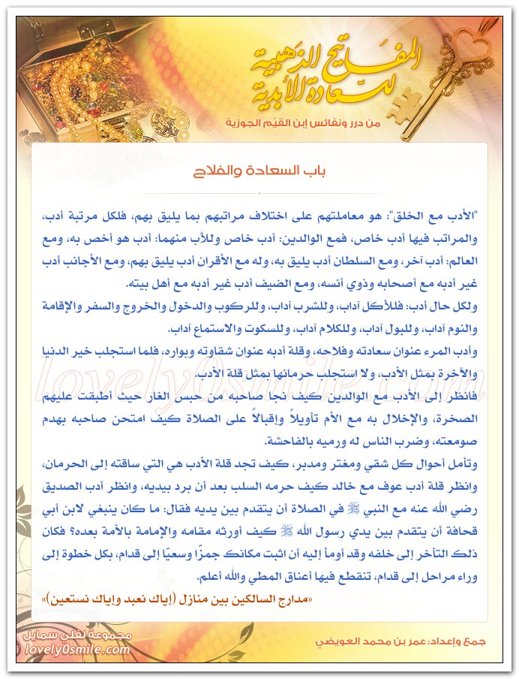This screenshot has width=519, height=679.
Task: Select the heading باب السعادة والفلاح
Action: tap(259, 172)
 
